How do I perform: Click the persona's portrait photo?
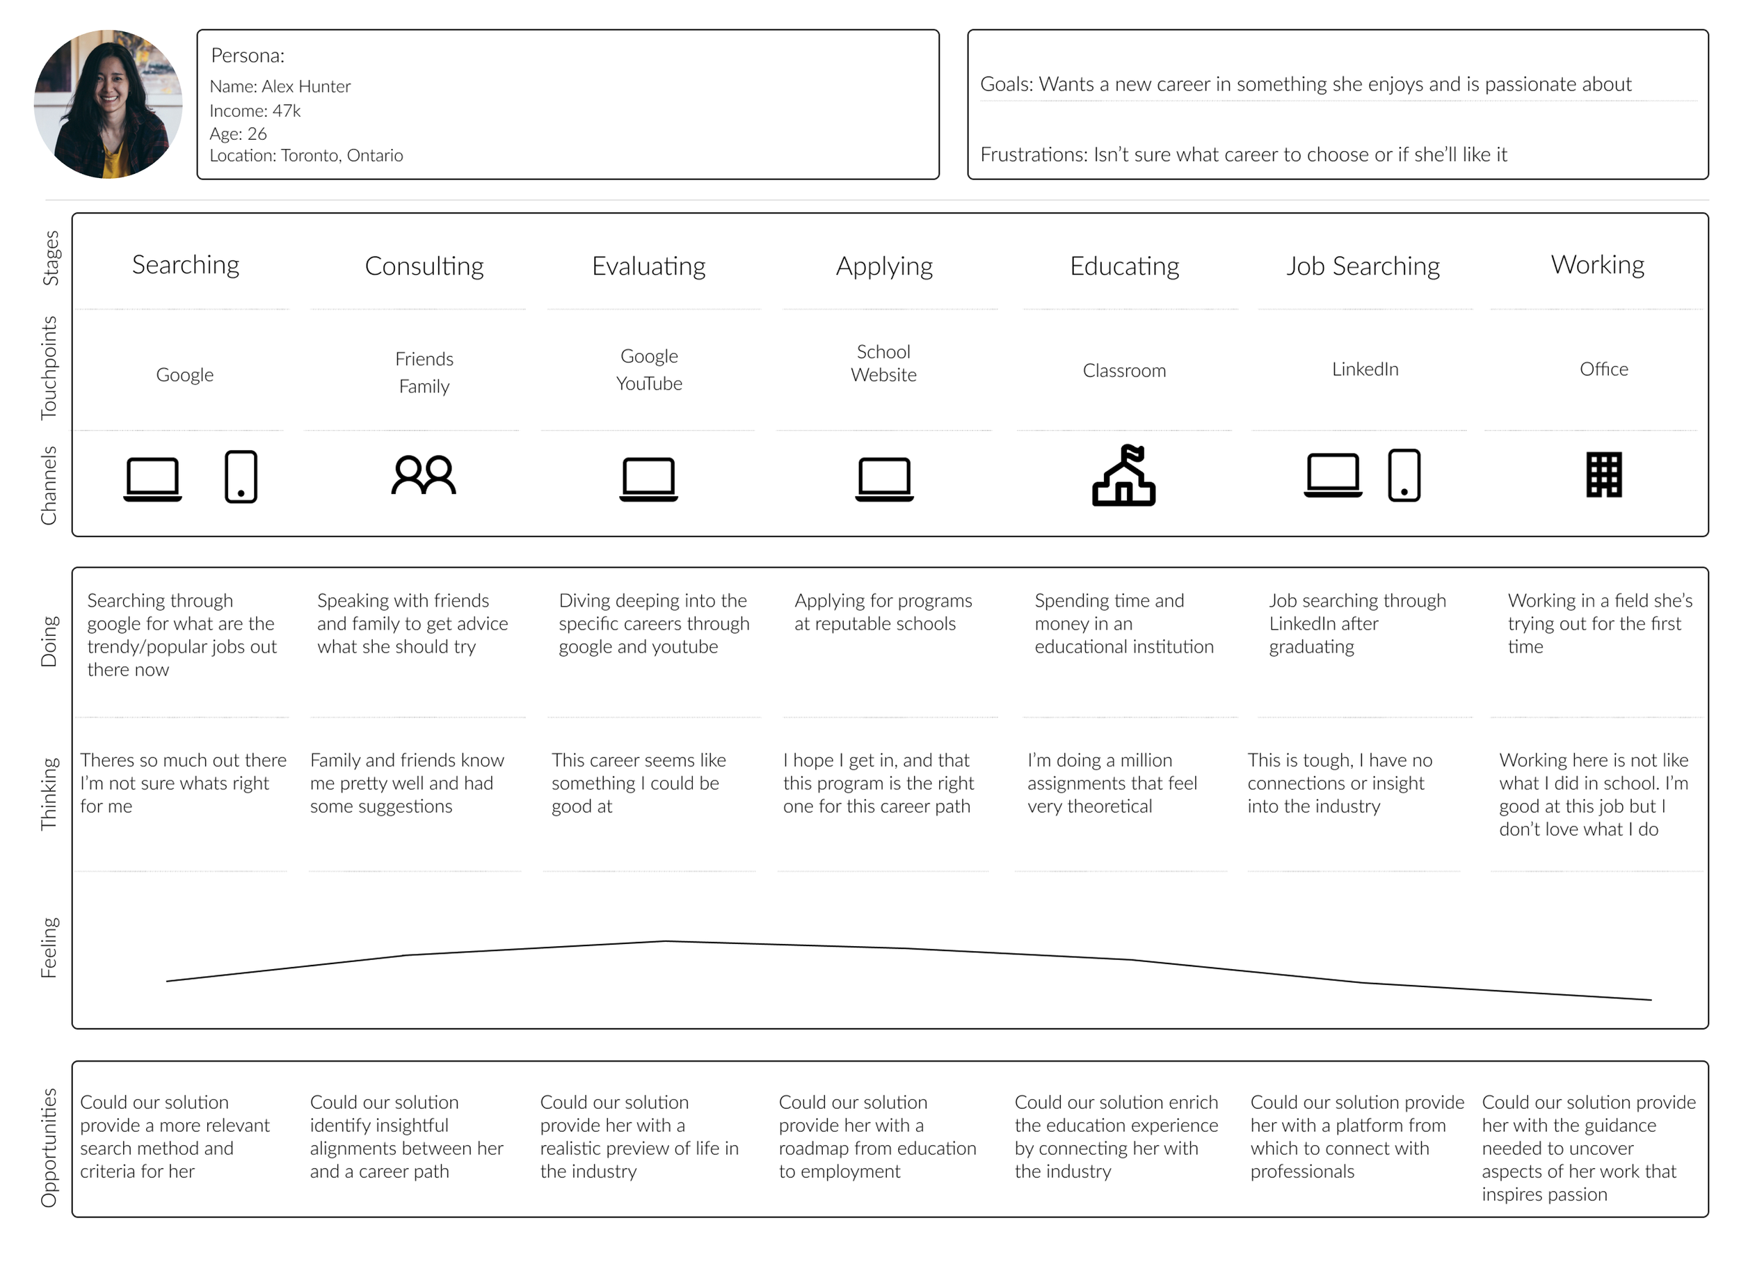click(x=108, y=104)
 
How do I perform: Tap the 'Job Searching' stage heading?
click(x=1362, y=267)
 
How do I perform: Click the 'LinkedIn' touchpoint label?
click(x=1365, y=370)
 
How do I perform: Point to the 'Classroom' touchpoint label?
click(x=1123, y=371)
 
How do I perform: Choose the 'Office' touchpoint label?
click(x=1603, y=370)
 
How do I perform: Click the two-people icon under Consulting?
click(x=423, y=475)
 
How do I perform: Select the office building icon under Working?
click(x=1603, y=474)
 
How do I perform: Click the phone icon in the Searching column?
click(x=241, y=477)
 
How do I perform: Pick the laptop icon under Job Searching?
click(x=1332, y=475)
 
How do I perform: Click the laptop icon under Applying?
click(x=883, y=479)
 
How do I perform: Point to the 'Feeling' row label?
click(x=49, y=948)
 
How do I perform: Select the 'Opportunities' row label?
click(x=49, y=1147)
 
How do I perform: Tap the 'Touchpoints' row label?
click(x=49, y=368)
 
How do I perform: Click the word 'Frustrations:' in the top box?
click(x=1034, y=155)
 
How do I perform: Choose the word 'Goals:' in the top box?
click(x=1006, y=85)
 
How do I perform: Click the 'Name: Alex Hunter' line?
click(x=280, y=87)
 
